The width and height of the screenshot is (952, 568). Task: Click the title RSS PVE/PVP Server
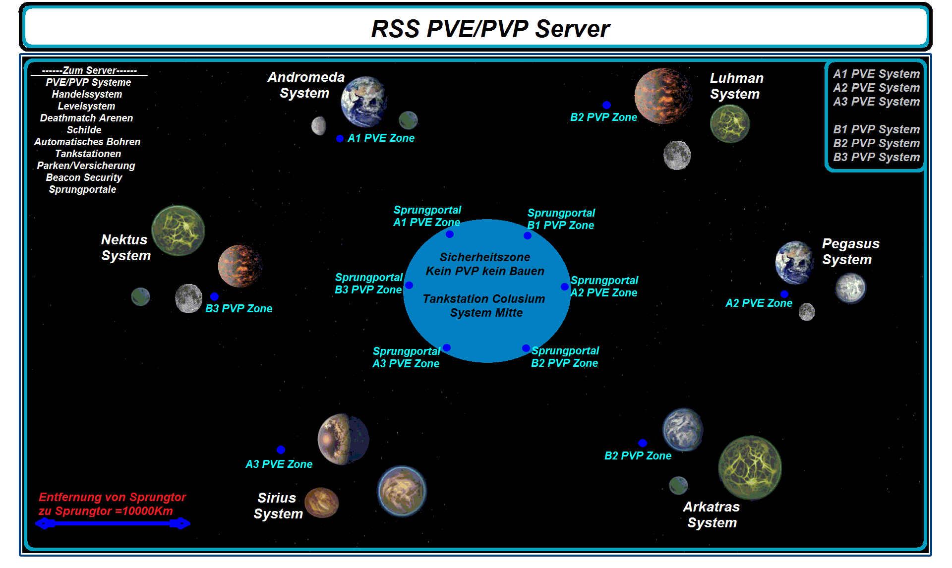click(x=490, y=29)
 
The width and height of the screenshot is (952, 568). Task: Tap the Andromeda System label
click(x=305, y=85)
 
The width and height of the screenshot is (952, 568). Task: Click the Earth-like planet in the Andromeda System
click(x=363, y=101)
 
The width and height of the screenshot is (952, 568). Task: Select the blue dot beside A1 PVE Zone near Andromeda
click(x=340, y=139)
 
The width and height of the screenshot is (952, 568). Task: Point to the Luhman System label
click(x=736, y=86)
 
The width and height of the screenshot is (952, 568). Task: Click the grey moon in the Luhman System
click(x=677, y=155)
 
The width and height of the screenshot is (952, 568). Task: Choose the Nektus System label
click(x=125, y=247)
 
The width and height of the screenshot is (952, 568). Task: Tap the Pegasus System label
click(x=850, y=251)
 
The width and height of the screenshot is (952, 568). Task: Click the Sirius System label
click(x=278, y=506)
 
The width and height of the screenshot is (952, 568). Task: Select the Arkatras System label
click(x=712, y=514)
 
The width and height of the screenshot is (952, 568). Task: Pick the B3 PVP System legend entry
click(x=876, y=157)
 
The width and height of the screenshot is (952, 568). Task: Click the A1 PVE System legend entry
click(x=876, y=74)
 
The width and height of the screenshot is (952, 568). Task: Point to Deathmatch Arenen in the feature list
click(x=86, y=118)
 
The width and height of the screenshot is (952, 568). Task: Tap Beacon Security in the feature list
click(x=84, y=177)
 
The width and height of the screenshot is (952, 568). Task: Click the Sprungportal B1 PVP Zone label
click(x=561, y=219)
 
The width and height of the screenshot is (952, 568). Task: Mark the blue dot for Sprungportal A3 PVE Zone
click(x=447, y=348)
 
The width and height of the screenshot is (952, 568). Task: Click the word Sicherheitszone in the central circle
click(x=484, y=257)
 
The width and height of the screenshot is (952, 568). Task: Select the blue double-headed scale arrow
click(x=113, y=523)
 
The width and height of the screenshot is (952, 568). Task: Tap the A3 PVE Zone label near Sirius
click(x=279, y=464)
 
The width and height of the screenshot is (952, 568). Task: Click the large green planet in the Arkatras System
click(x=749, y=467)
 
